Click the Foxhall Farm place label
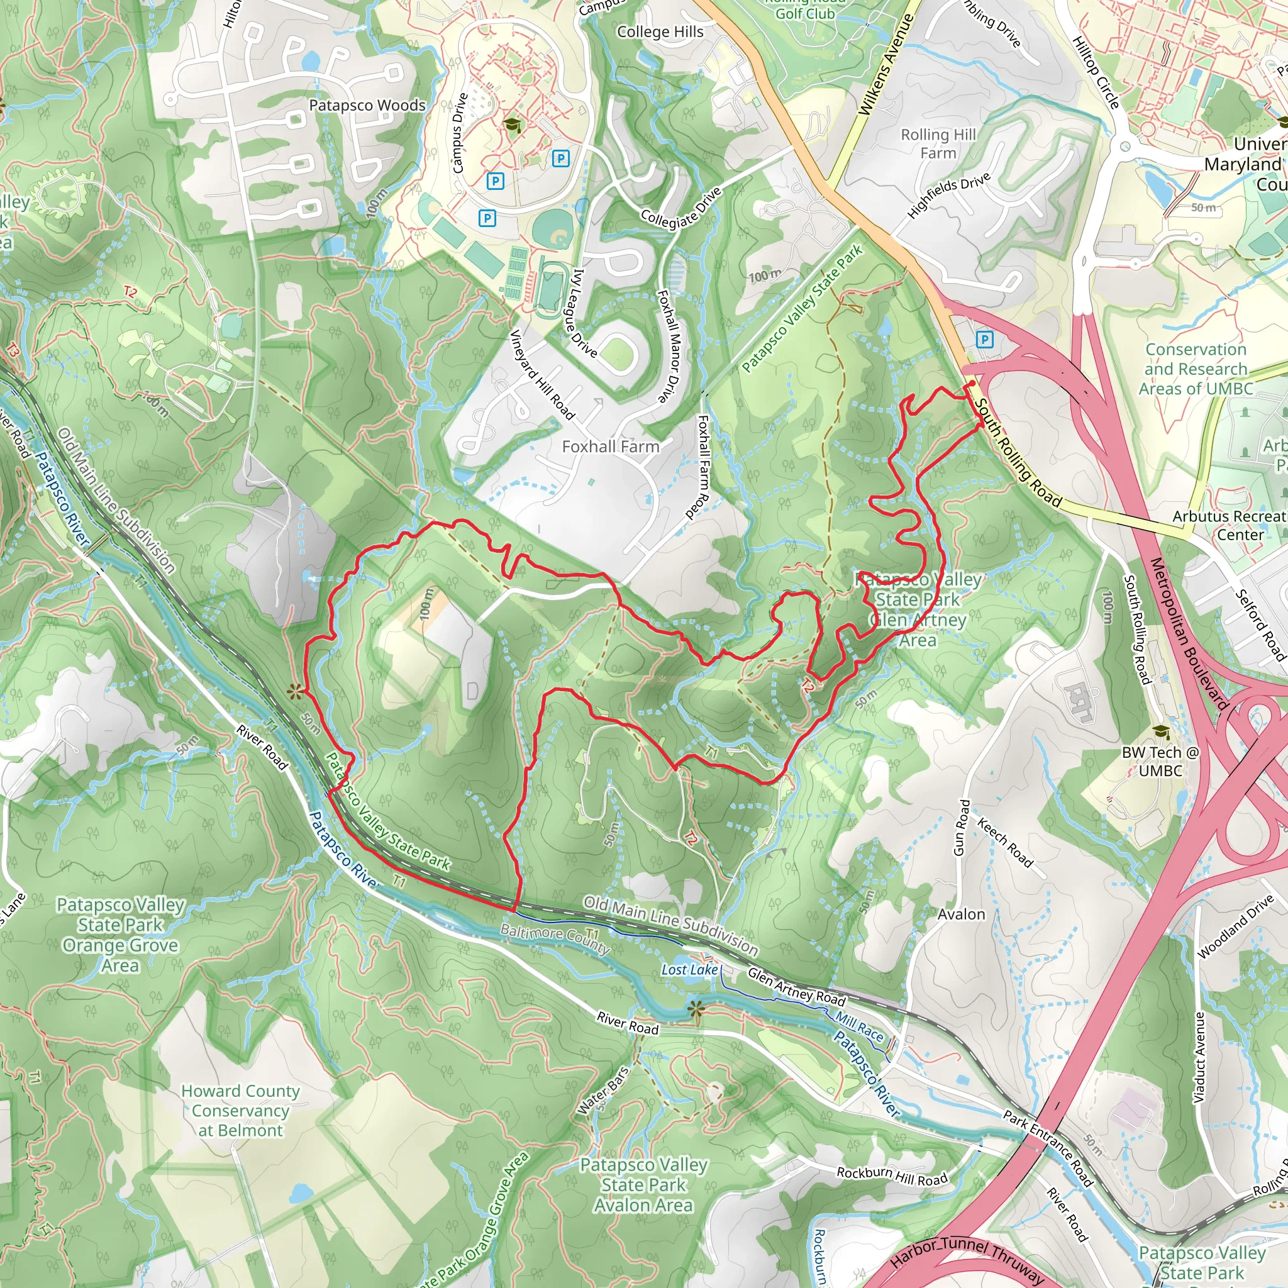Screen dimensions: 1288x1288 [x=610, y=447]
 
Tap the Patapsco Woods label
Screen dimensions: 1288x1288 [x=367, y=105]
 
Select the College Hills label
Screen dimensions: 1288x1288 [x=659, y=32]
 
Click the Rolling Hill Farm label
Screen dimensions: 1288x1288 [x=938, y=143]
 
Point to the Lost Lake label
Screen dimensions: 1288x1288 [x=689, y=970]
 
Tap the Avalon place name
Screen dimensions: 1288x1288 [x=961, y=914]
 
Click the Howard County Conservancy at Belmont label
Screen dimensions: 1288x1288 [x=240, y=1111]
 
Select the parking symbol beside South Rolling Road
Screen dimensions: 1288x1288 [x=984, y=340]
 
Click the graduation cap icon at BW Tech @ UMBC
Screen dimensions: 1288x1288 [x=1161, y=732]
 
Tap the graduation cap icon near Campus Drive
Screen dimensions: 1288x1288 [x=512, y=125]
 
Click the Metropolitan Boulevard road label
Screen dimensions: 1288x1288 [x=1189, y=634]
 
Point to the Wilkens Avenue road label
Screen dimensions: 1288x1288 [x=885, y=65]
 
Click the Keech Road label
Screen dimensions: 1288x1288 [x=1004, y=842]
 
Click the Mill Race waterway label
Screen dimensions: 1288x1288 [x=859, y=1026]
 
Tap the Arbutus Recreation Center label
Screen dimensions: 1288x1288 [x=1230, y=525]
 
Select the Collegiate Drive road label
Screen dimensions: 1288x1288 [x=680, y=208]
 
